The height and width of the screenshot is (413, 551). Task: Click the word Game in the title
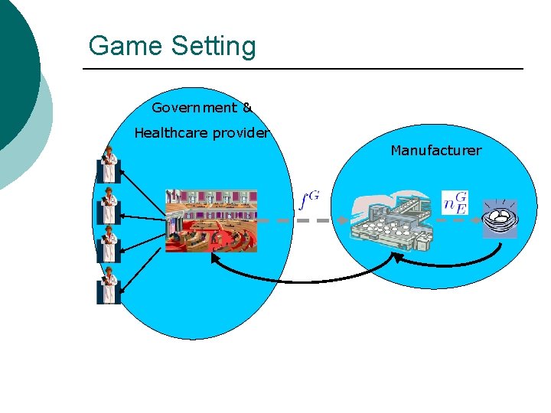126,46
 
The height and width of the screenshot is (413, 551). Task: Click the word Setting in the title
214,47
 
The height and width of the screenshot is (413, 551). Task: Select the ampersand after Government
247,108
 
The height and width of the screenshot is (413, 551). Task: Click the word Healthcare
171,133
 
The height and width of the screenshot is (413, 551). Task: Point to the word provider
241,133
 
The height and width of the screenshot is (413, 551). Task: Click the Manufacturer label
435,151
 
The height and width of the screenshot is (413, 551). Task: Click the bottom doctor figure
109,285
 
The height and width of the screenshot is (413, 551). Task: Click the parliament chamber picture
211,220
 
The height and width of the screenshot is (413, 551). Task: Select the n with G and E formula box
455,202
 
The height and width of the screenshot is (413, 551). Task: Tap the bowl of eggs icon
500,219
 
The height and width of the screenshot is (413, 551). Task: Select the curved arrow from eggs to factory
452,264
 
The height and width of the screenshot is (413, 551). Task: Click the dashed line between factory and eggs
459,220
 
